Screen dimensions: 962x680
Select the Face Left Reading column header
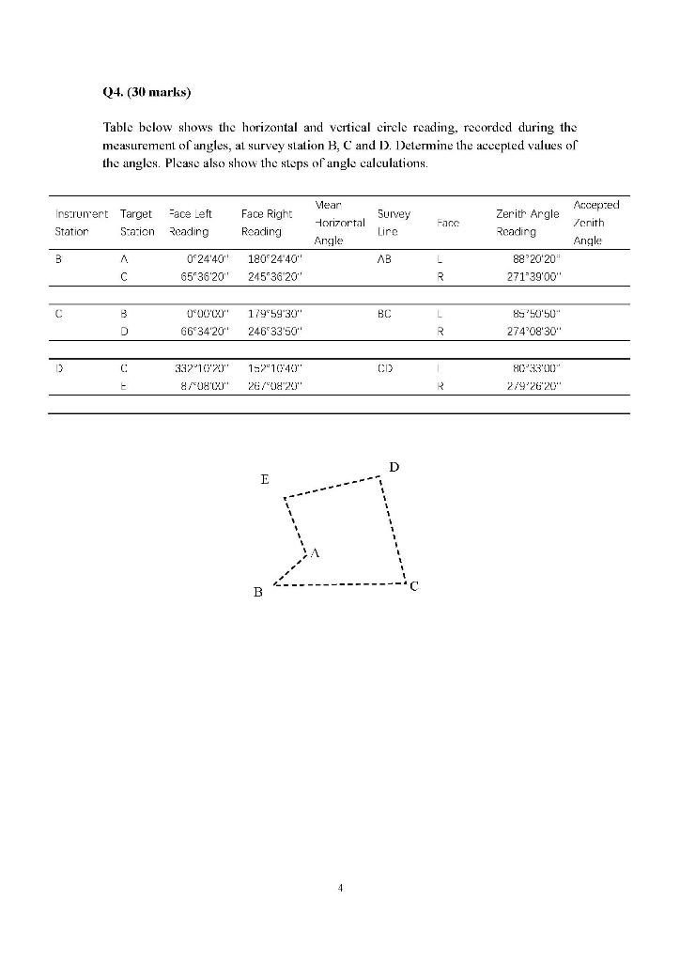click(190, 223)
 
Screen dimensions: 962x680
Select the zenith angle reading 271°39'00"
click(531, 277)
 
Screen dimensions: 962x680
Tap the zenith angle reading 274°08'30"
click(531, 331)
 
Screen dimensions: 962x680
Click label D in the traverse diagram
click(394, 467)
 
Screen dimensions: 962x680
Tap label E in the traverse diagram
click(265, 479)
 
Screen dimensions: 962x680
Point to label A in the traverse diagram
click(315, 553)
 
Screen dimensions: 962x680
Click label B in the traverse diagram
click(257, 593)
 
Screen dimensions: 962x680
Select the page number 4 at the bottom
click(340, 886)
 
